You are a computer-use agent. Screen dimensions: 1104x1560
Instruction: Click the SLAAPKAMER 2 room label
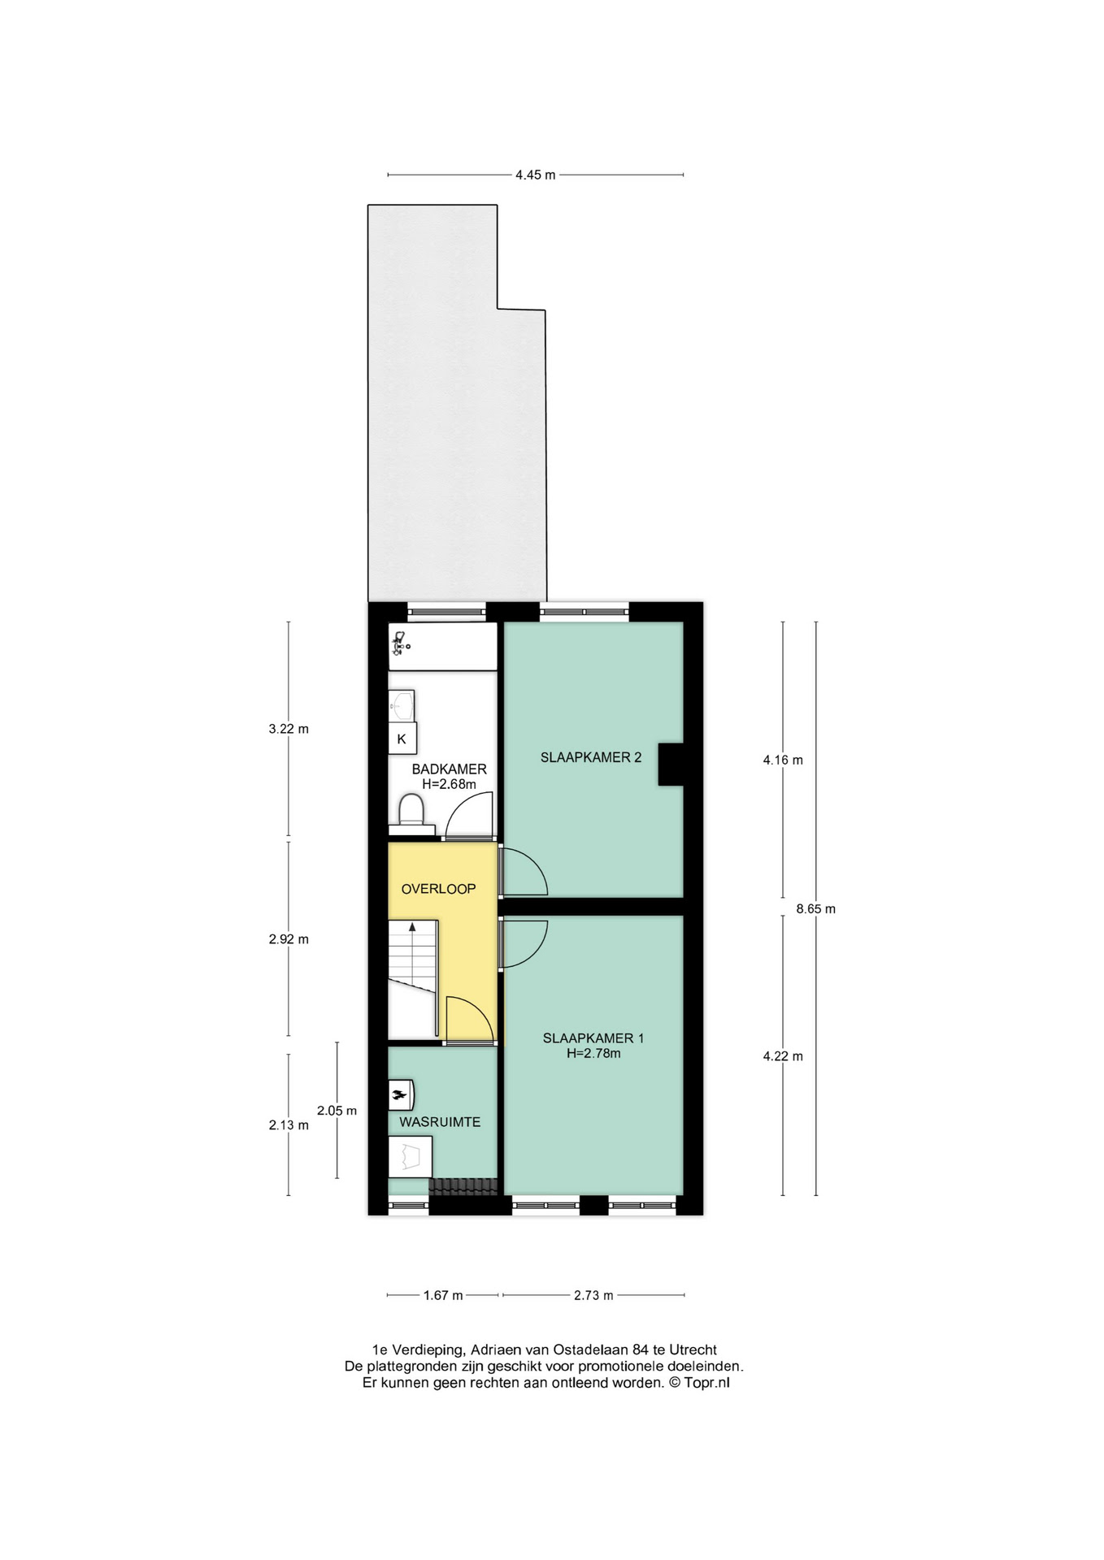(x=591, y=757)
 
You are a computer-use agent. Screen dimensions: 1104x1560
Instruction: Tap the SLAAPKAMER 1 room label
(x=593, y=1038)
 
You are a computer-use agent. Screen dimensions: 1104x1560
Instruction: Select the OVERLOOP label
(x=438, y=888)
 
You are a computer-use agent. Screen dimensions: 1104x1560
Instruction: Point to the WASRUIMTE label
(x=440, y=1122)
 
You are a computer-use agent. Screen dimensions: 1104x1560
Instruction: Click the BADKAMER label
(x=450, y=769)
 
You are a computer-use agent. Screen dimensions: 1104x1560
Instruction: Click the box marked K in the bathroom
(x=402, y=739)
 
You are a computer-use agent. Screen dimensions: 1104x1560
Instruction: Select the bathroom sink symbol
(x=402, y=705)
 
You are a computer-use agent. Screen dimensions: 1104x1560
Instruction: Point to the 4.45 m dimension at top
(x=535, y=175)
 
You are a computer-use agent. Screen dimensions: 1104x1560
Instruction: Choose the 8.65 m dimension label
(x=815, y=909)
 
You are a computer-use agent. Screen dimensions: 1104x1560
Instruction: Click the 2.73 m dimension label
(x=593, y=1295)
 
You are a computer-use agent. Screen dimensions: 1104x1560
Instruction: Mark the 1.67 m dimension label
(x=443, y=1295)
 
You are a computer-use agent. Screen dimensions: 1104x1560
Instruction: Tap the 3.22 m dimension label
(x=289, y=729)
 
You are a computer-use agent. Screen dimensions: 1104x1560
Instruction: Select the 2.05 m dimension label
(x=337, y=1111)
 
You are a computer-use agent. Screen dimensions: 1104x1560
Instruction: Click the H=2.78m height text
(x=593, y=1053)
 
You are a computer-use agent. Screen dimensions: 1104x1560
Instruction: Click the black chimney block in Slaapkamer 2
(x=670, y=765)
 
